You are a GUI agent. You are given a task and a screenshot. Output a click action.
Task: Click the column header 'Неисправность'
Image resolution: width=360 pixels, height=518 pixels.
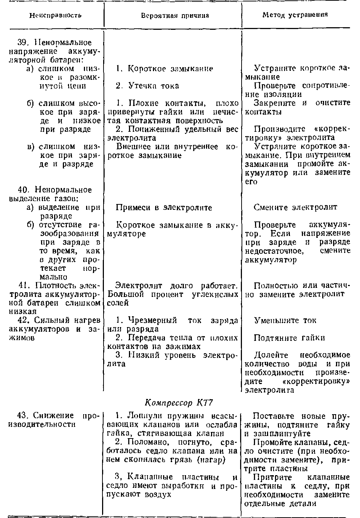pos(55,15)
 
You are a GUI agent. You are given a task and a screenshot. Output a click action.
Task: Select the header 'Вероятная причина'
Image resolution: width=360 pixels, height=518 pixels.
pos(175,15)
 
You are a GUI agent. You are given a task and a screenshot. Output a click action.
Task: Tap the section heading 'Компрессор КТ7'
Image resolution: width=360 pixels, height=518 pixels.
pos(178,403)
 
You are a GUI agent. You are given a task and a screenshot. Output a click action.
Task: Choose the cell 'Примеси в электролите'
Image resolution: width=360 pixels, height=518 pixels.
pos(164,208)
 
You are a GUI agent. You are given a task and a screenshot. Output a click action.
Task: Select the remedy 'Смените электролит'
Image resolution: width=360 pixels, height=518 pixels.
pos(295,207)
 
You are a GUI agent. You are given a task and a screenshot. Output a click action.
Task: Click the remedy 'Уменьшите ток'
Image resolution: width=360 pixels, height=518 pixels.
pos(285,321)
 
